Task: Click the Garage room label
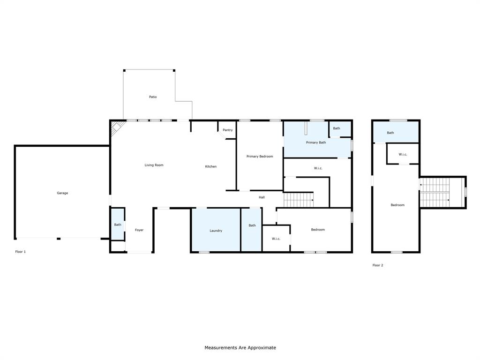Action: (x=62, y=193)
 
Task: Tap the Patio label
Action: (x=153, y=97)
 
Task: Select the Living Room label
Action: (x=154, y=165)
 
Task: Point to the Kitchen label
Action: (x=211, y=166)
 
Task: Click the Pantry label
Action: (x=228, y=130)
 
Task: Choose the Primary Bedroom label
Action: (x=260, y=157)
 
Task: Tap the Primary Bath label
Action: (x=316, y=142)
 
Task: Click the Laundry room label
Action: (x=216, y=231)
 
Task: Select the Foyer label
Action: (x=139, y=230)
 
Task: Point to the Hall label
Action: (x=262, y=197)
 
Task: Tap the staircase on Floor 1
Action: (x=299, y=200)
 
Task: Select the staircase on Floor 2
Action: (x=435, y=192)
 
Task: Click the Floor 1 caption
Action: (x=21, y=252)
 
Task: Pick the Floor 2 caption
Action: (x=378, y=265)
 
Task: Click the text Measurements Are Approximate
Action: (x=240, y=348)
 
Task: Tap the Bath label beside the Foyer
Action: (x=118, y=225)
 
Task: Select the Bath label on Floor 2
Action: (x=390, y=133)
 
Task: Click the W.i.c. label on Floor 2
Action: (x=403, y=154)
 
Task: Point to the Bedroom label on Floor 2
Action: (x=397, y=205)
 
